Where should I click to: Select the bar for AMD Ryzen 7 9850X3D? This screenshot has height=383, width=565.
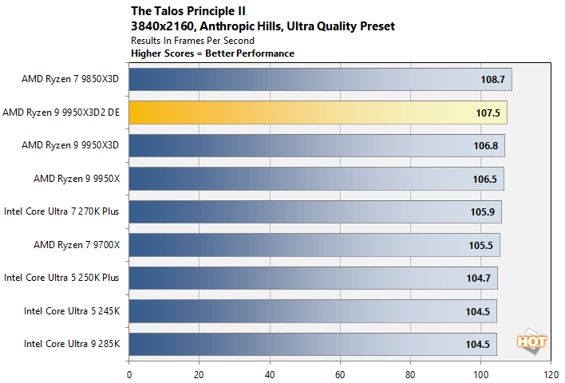pos(319,80)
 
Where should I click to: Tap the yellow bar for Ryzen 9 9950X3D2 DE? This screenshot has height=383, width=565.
pos(318,113)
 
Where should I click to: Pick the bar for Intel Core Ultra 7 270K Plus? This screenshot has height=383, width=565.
pos(314,212)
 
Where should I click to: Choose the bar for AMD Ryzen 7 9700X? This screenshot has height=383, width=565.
pos(314,245)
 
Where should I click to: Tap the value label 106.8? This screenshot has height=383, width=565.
pos(484,146)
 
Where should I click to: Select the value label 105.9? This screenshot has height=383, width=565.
pos(481,212)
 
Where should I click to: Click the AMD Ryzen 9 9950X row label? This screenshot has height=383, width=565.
pos(77,179)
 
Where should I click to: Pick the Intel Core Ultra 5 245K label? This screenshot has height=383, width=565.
pos(71,311)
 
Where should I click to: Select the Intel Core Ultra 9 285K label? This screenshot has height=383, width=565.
pos(71,344)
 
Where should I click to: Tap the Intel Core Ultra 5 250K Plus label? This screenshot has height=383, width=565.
pos(61,278)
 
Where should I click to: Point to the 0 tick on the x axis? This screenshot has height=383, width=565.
pos(128,373)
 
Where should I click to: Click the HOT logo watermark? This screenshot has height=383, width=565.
pos(532,340)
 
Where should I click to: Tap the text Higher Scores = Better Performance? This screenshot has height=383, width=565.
pos(211,53)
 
